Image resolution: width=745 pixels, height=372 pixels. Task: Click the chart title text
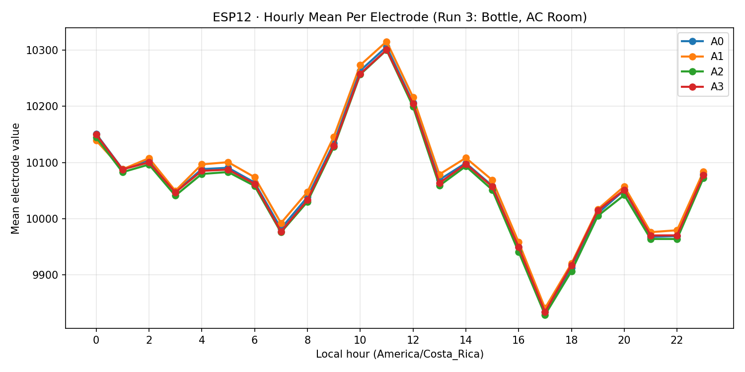point(399,17)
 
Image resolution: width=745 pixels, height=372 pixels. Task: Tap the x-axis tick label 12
point(413,340)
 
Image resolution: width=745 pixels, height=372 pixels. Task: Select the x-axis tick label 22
point(676,340)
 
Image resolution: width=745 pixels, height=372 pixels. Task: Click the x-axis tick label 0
point(96,340)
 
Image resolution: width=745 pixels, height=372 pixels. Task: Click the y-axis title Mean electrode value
point(16,178)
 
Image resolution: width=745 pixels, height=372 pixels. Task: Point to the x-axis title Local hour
point(399,354)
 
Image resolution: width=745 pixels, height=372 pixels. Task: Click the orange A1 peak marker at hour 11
point(386,42)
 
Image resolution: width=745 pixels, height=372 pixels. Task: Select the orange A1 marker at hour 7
point(281,224)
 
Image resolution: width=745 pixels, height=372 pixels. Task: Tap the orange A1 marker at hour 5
point(228,162)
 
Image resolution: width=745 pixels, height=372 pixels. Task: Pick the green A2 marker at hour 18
point(571,271)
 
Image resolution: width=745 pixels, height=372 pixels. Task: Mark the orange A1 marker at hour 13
point(440,175)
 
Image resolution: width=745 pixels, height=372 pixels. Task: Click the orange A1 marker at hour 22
point(676,230)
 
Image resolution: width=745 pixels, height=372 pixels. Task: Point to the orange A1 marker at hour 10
point(360,65)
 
